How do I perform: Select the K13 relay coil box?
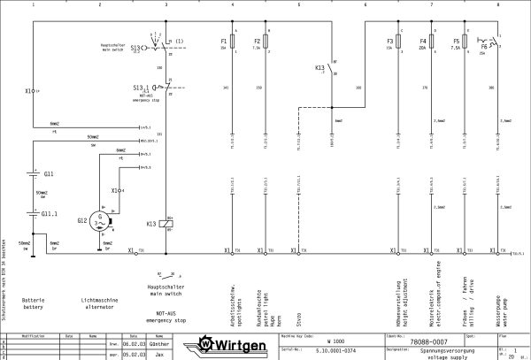click(x=165, y=221)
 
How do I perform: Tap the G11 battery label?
click(x=49, y=174)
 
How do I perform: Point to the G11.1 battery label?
click(x=51, y=213)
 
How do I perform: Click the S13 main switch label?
click(x=135, y=48)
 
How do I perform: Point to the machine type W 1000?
click(x=335, y=339)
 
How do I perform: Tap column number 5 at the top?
click(x=298, y=4)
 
